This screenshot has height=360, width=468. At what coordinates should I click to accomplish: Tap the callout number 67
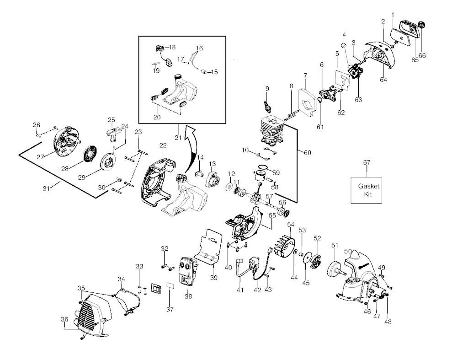pos(367,162)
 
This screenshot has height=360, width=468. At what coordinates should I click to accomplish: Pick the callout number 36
pos(64,319)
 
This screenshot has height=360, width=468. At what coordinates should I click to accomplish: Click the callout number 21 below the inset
pos(178,137)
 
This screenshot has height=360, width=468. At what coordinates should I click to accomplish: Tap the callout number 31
pos(46,188)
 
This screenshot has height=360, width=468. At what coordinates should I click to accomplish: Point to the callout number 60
pos(308,153)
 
